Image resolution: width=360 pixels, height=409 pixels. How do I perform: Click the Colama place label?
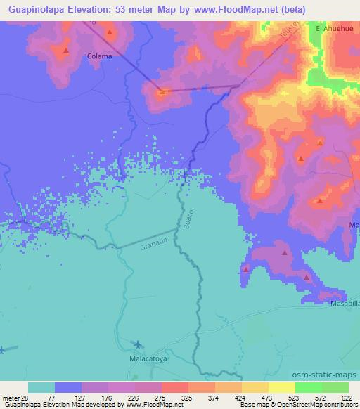[x=98, y=56]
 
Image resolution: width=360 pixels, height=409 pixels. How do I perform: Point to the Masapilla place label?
[x=345, y=304]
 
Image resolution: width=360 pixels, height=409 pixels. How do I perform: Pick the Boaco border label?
[x=187, y=221]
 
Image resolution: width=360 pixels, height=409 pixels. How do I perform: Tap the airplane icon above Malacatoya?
[x=138, y=344]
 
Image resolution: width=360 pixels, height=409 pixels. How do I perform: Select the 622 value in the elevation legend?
[x=345, y=397]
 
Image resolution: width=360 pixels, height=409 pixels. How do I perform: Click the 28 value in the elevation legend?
[x=25, y=397]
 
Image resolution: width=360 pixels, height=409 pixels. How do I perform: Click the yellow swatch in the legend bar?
[x=255, y=387]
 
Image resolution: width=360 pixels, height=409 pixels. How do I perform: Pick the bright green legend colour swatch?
[x=308, y=387]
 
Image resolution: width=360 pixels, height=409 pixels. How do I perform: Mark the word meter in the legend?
[x=11, y=397]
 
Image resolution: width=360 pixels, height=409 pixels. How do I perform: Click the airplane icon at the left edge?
[x=3, y=348]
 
